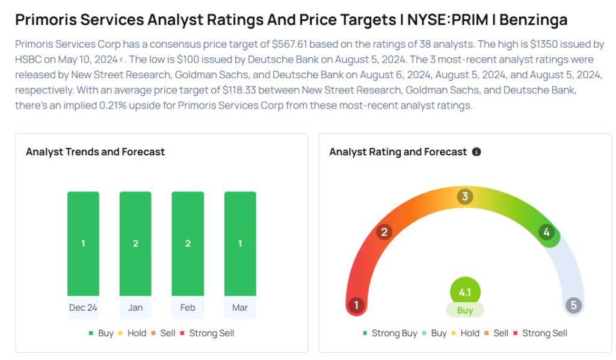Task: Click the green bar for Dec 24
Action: pos(83,244)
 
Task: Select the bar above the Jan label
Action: pos(135,244)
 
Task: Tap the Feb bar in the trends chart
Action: pos(188,244)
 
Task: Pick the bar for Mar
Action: pos(240,244)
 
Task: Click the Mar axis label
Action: pos(240,308)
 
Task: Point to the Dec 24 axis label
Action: pos(83,308)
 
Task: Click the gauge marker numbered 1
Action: pos(356,305)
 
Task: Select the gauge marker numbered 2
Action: pos(384,232)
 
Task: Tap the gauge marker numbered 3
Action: pos(465,196)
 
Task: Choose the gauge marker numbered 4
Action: pos(546,232)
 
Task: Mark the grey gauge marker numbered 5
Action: pos(574,305)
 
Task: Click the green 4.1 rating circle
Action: pos(465,293)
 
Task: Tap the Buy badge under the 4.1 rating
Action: pos(465,311)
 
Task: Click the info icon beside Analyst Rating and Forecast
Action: pos(476,152)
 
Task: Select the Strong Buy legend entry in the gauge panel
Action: pos(389,333)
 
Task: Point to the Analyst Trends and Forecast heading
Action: pos(95,152)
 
